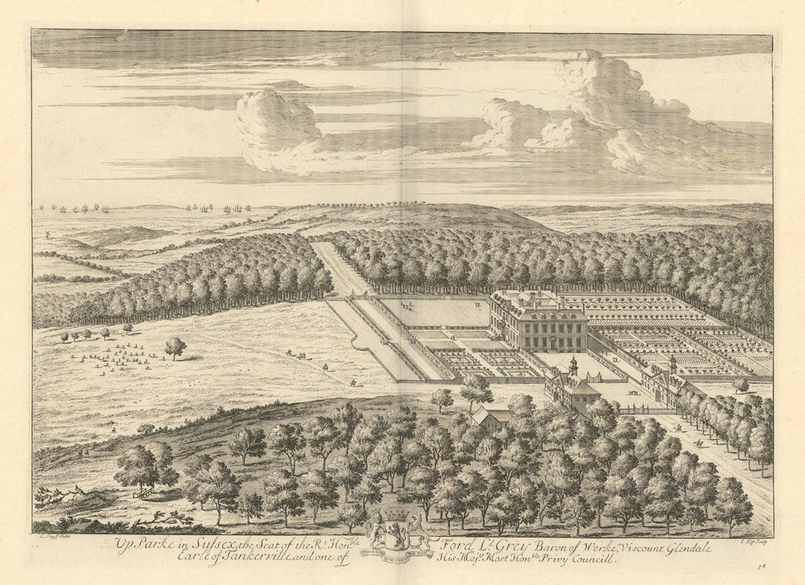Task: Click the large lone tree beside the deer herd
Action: click(175, 347)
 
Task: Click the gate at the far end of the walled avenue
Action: click(329, 297)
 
